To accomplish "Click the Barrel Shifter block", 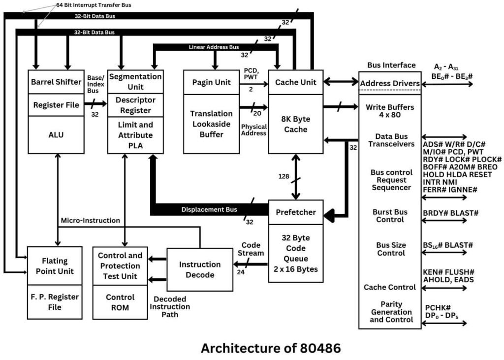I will (x=56, y=82).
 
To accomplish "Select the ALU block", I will (x=56, y=134).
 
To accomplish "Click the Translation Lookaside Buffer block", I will (x=211, y=124).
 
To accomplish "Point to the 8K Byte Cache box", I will (x=295, y=124).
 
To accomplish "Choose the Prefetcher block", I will (x=295, y=212).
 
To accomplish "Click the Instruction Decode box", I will (x=200, y=269).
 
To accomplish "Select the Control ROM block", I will (x=120, y=302).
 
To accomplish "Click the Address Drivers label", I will (x=390, y=83).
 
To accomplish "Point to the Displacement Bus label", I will (x=209, y=209).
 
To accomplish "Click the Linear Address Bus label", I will (x=214, y=48).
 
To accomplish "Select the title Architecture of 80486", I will (x=270, y=348).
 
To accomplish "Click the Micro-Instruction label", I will (x=90, y=220).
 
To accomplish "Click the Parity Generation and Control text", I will (x=391, y=312).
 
